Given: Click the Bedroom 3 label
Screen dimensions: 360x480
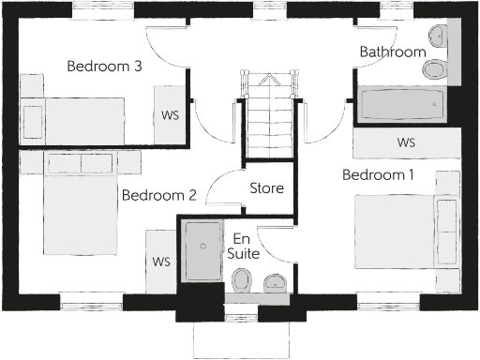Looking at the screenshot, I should point(105,67).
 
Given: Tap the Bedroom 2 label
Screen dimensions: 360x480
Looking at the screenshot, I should point(158,196).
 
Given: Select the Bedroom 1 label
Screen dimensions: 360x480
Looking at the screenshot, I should point(379,175).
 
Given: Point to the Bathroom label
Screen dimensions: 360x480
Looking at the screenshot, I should point(393,52).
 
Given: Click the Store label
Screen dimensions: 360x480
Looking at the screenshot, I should point(266,188).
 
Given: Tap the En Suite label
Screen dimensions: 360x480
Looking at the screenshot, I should point(244,246).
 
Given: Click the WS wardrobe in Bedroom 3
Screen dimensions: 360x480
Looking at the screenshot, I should point(171,115).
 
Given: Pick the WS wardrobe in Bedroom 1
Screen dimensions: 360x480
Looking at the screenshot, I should point(406,143).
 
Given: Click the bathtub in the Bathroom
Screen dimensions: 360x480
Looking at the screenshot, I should point(400,105).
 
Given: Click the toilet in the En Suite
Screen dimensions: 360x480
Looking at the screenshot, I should point(243,279).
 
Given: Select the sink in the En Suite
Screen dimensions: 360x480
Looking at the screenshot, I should point(275,281).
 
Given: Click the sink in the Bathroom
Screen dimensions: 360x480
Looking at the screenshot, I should point(438,37).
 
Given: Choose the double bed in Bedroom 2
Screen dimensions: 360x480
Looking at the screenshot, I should point(79,211).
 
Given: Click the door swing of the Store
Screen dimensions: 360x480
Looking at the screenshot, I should point(223,191).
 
